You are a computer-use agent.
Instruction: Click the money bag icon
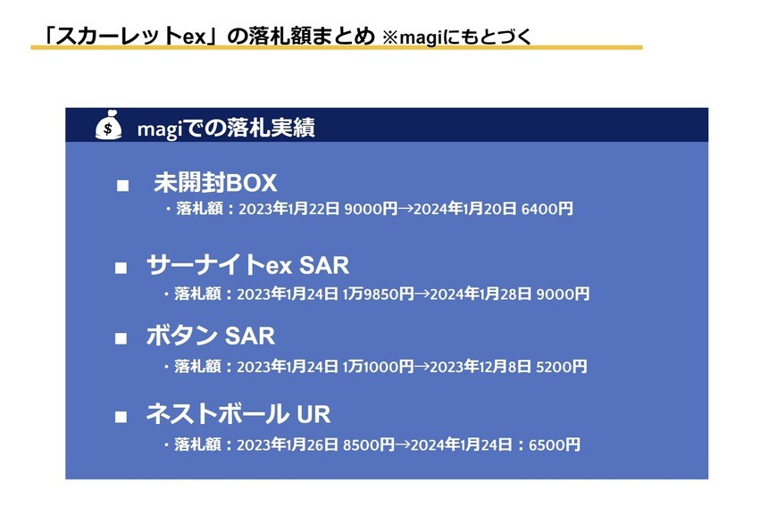pos(108,127)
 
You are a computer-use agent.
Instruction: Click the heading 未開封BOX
pos(215,184)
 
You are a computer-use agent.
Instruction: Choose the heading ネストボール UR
pos(238,414)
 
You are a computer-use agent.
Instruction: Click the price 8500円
pos(369,444)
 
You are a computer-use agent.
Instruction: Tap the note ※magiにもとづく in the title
pos(456,37)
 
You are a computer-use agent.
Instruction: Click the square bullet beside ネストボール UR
pos(122,416)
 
